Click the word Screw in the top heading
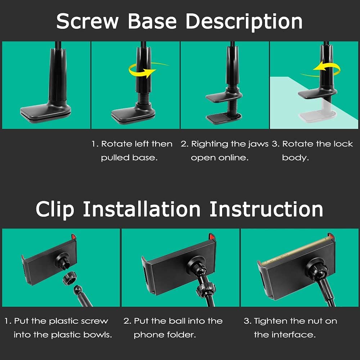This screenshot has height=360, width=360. (87, 21)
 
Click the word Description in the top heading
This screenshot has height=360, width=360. (244, 22)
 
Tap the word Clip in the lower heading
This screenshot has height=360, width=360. (55, 210)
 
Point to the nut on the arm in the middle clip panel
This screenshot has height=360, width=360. (206, 290)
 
